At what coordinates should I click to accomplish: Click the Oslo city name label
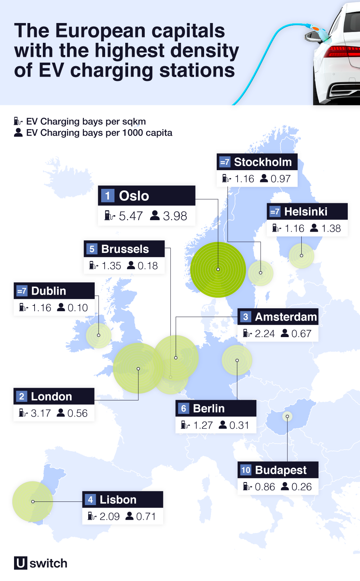pos(134,196)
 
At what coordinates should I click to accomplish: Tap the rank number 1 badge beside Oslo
pos(107,196)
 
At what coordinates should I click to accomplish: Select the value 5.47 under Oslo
pos(131,216)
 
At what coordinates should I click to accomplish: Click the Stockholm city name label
pos(263,162)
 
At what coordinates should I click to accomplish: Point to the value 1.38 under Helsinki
pos(331,228)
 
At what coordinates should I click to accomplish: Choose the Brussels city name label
pos(125,249)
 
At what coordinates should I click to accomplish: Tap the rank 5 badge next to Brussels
pos(92,249)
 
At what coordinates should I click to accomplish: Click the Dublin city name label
pos(49,291)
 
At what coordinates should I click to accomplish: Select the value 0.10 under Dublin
pos(78,308)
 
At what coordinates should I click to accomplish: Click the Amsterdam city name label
pos(286,317)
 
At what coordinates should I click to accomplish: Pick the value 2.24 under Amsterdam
pos(265,334)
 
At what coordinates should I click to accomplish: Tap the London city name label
pos(51,396)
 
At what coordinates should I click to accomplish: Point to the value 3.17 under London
pos(41,413)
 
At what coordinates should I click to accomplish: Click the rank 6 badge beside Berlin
pos(184,408)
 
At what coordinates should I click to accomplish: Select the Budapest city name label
pos(281,470)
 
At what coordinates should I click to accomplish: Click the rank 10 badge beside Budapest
pos(246,470)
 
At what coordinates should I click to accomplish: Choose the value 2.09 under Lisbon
pos(109,517)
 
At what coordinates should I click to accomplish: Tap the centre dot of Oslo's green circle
pos(218,269)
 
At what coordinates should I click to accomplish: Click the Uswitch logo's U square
pos(21,563)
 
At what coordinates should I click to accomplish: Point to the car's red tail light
pos(342,51)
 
